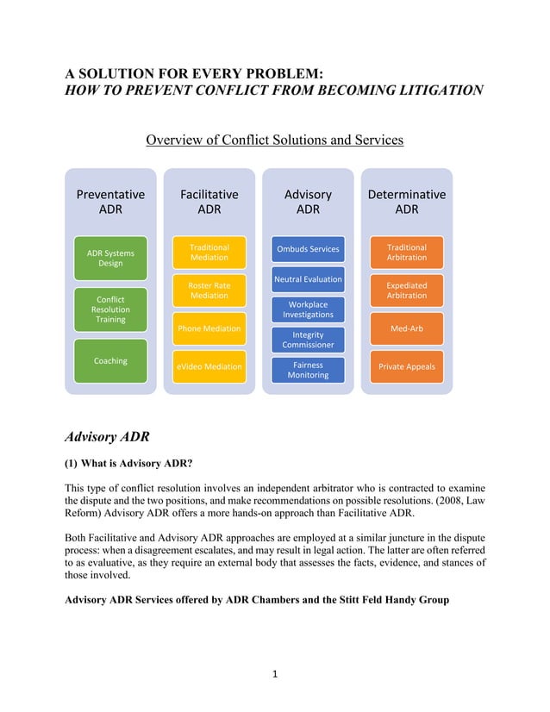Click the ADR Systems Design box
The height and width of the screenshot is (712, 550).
tap(110, 258)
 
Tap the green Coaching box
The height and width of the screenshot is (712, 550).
tap(110, 361)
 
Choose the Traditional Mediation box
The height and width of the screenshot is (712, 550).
tap(209, 252)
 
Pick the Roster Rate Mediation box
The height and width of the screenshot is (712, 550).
tap(209, 290)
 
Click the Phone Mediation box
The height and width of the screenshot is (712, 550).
tap(209, 328)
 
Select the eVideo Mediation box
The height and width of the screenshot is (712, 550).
tap(209, 367)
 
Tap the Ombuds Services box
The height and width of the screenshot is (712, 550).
tap(308, 250)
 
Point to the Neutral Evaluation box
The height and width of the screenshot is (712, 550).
tap(308, 279)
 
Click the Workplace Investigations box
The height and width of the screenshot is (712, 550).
tap(308, 309)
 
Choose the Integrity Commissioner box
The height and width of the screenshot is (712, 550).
tap(308, 340)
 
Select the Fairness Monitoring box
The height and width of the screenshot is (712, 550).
tap(308, 370)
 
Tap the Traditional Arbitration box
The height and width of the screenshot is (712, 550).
tap(407, 252)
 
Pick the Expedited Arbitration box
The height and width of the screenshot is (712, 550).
tap(407, 290)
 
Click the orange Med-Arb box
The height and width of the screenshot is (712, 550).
tap(407, 328)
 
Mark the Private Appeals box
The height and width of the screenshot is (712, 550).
tap(407, 367)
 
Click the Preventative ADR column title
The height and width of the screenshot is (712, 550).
tap(110, 202)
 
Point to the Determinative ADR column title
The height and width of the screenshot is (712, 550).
tap(407, 202)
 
